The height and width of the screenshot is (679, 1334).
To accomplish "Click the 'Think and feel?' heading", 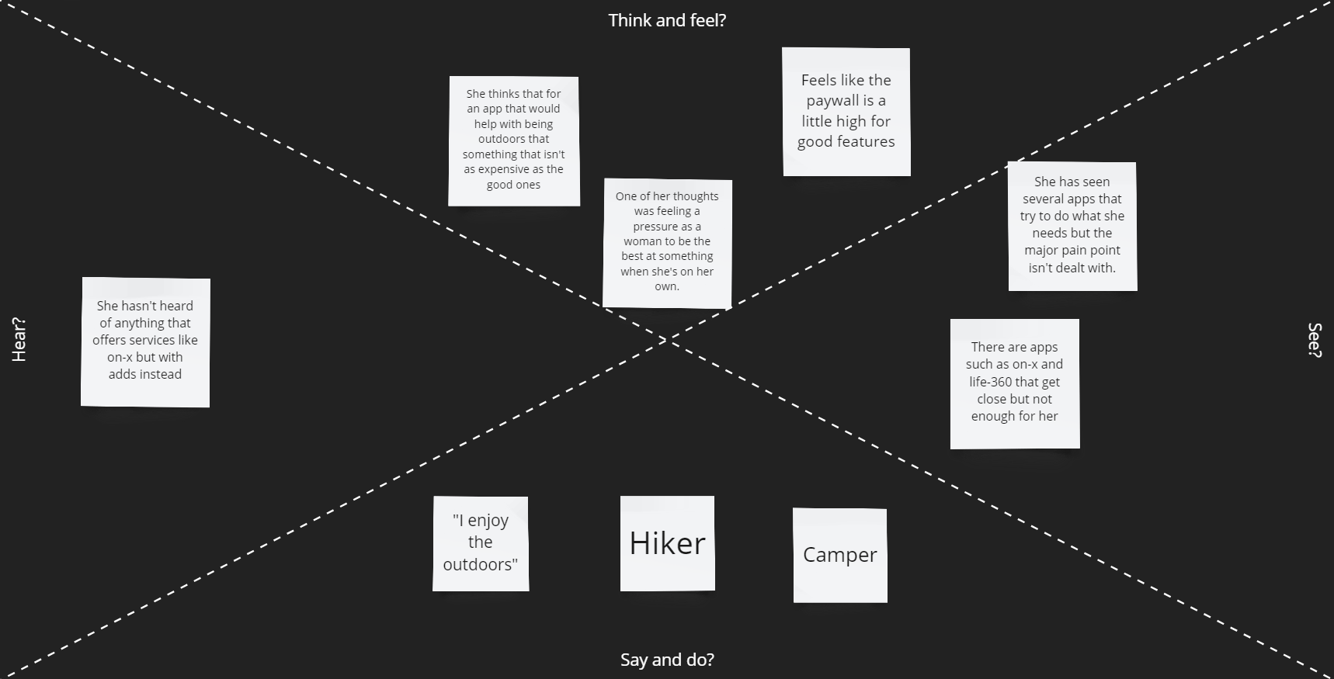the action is click(667, 20).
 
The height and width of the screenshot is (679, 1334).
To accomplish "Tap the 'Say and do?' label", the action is click(667, 660).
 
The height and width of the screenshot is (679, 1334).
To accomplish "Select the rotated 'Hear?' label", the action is click(19, 340).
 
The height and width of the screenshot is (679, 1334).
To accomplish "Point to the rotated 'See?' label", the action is click(1314, 340).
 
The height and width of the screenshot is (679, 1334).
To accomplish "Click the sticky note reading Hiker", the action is click(667, 543).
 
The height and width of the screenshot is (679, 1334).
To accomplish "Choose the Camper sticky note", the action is click(839, 555).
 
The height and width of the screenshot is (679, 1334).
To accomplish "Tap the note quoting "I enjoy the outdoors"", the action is click(480, 543).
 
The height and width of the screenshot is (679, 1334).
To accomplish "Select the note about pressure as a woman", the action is click(667, 241).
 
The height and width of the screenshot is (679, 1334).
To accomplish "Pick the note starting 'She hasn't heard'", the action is click(145, 341).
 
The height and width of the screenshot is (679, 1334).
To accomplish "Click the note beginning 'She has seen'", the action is click(1072, 225).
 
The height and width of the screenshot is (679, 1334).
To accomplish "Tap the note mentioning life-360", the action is click(1014, 383).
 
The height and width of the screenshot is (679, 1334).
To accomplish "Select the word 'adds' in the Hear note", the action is click(123, 374).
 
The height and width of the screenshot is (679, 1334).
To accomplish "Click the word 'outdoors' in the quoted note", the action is click(480, 565).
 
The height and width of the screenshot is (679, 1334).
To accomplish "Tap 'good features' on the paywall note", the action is click(846, 142).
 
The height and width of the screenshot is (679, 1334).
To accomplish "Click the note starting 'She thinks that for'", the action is click(513, 140).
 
